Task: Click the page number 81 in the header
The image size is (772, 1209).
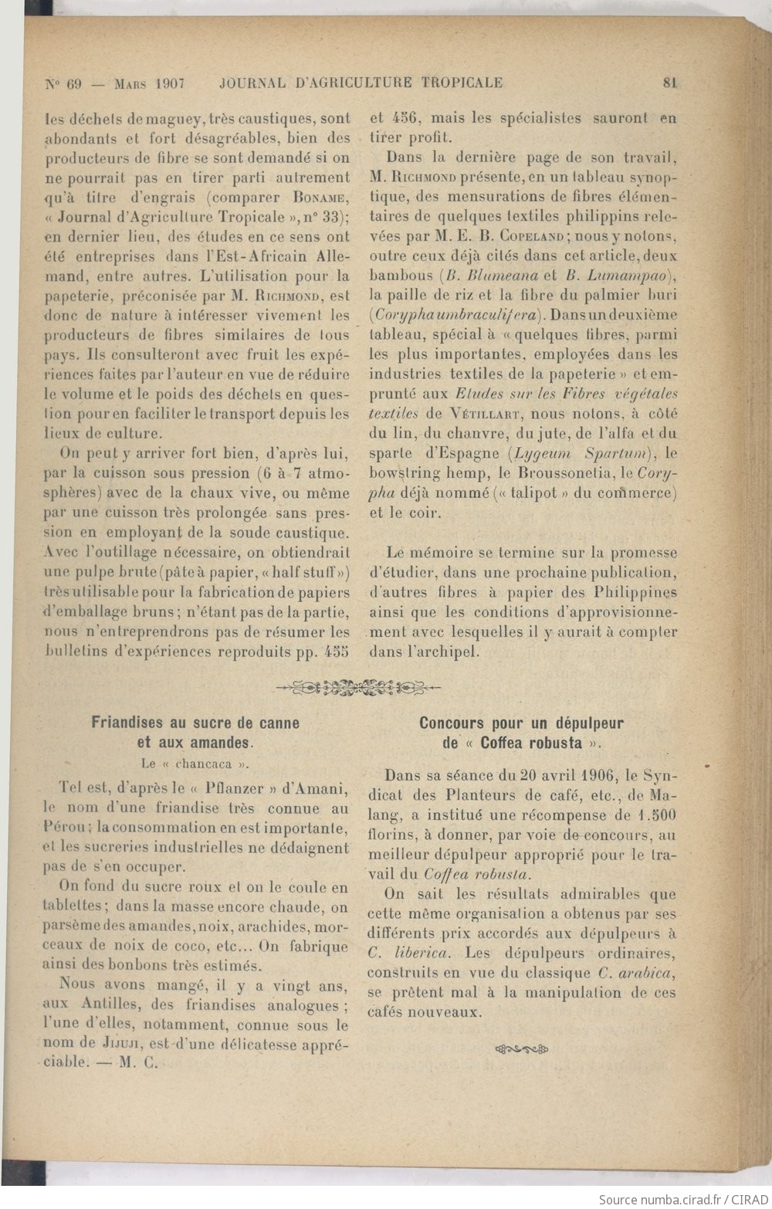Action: [x=669, y=83]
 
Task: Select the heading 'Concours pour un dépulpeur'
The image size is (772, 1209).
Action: [x=522, y=723]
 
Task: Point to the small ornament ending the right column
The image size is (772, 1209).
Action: [x=521, y=1048]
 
